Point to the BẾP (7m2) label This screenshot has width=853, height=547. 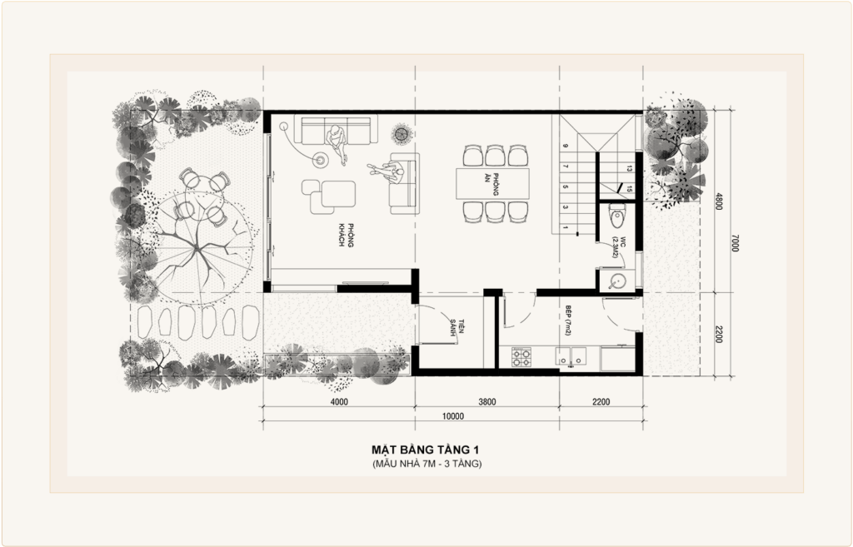point(568,321)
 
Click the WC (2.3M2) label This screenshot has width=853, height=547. point(619,246)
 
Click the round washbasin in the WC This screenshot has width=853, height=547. point(619,281)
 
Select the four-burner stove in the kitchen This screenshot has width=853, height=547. point(521,356)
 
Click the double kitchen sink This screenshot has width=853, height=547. point(571,356)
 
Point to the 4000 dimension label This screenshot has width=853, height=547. point(339,402)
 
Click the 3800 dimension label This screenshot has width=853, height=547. point(486,402)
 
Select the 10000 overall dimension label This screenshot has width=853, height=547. point(452,416)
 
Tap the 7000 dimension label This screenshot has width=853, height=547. point(735,242)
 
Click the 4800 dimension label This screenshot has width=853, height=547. point(719,201)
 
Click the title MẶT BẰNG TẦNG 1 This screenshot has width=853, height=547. point(425,450)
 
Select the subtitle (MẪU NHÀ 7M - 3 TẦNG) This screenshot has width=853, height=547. point(427,465)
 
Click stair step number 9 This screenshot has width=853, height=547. point(566,147)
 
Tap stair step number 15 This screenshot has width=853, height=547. point(629,189)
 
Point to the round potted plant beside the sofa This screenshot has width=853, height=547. point(402,132)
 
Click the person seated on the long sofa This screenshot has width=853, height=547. point(337,142)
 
